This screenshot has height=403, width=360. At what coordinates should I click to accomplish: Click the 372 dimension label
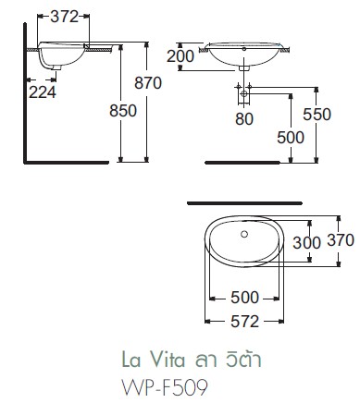64,17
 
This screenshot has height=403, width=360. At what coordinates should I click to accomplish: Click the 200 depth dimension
181,56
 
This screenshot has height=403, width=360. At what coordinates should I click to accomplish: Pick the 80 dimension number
244,117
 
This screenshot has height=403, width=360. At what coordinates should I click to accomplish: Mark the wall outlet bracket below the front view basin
243,93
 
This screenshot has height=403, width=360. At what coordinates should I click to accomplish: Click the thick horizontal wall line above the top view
244,200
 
